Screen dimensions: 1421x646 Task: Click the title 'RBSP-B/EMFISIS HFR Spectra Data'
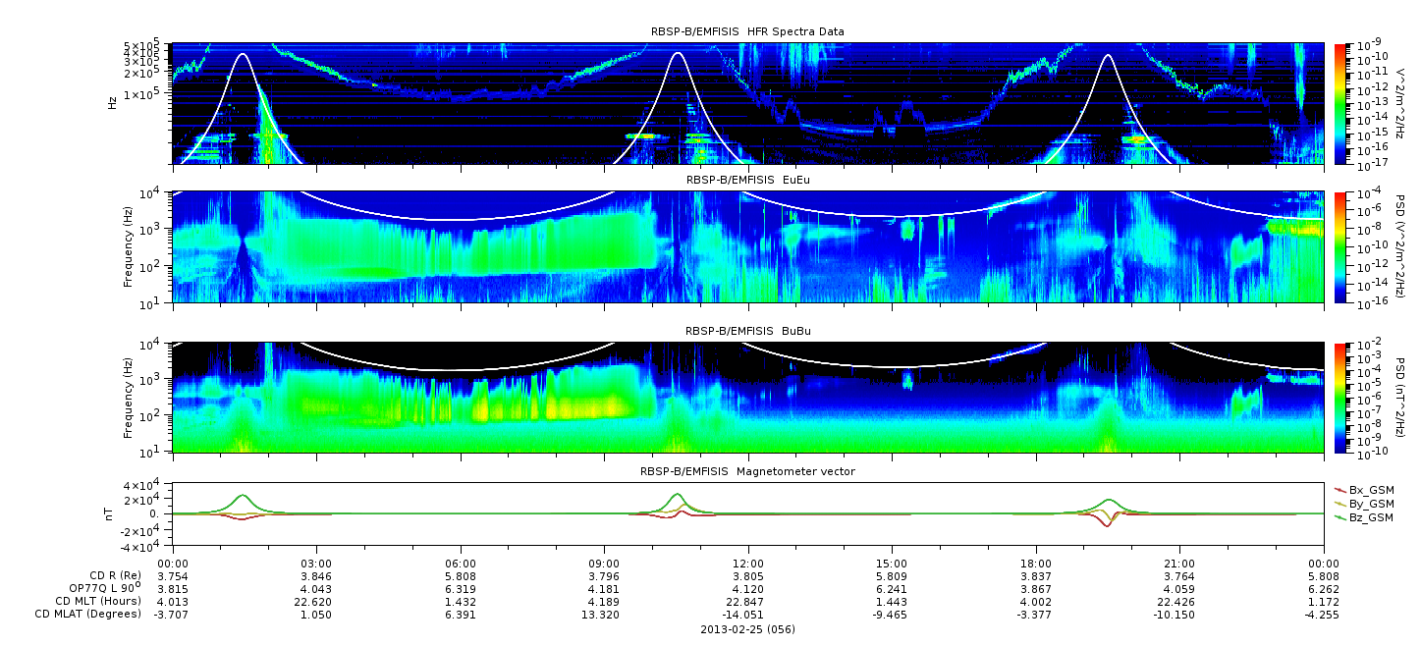747,31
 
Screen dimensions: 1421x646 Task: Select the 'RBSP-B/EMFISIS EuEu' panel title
748,180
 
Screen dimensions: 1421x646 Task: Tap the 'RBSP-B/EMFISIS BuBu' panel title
748,331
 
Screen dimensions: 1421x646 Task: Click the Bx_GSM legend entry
1365,490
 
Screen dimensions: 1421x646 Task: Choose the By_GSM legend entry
1365,504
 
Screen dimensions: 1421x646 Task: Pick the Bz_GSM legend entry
1365,518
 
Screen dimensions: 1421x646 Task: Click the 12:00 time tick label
748,564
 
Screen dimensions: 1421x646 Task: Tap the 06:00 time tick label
461,564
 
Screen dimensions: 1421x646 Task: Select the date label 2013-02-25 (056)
748,629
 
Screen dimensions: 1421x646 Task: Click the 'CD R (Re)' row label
115,575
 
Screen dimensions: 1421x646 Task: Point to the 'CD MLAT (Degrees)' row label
87,614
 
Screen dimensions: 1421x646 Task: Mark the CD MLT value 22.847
748,602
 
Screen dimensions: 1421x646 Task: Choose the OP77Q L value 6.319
461,589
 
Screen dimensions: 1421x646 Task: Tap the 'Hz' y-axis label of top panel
113,103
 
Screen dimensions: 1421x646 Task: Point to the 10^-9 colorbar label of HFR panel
1368,45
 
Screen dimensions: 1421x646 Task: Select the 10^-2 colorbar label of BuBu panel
1368,346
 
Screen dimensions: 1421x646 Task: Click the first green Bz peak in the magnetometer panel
243,495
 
